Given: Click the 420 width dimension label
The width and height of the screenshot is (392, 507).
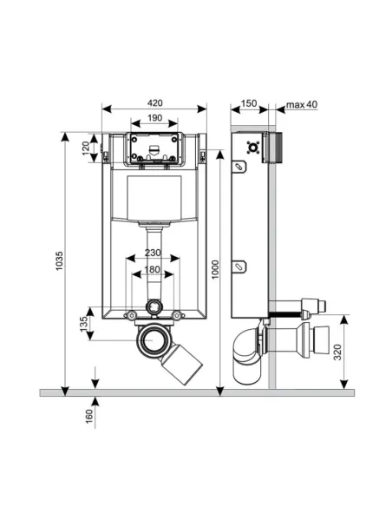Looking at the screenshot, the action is click(x=155, y=103).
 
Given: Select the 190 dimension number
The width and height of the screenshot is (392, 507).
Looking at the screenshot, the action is click(x=154, y=118).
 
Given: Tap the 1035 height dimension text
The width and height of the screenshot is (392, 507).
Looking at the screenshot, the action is click(x=59, y=261).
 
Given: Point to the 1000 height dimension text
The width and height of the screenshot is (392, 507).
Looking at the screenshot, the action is click(x=215, y=269).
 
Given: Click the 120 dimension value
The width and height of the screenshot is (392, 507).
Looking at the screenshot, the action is click(x=86, y=148).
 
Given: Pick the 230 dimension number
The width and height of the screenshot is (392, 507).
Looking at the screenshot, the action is click(x=153, y=253).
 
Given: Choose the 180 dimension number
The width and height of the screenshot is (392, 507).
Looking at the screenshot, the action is click(x=153, y=269).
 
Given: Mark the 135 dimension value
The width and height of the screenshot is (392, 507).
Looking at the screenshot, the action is click(x=83, y=324).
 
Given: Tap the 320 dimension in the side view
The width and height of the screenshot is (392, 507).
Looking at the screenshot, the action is click(x=337, y=352).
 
